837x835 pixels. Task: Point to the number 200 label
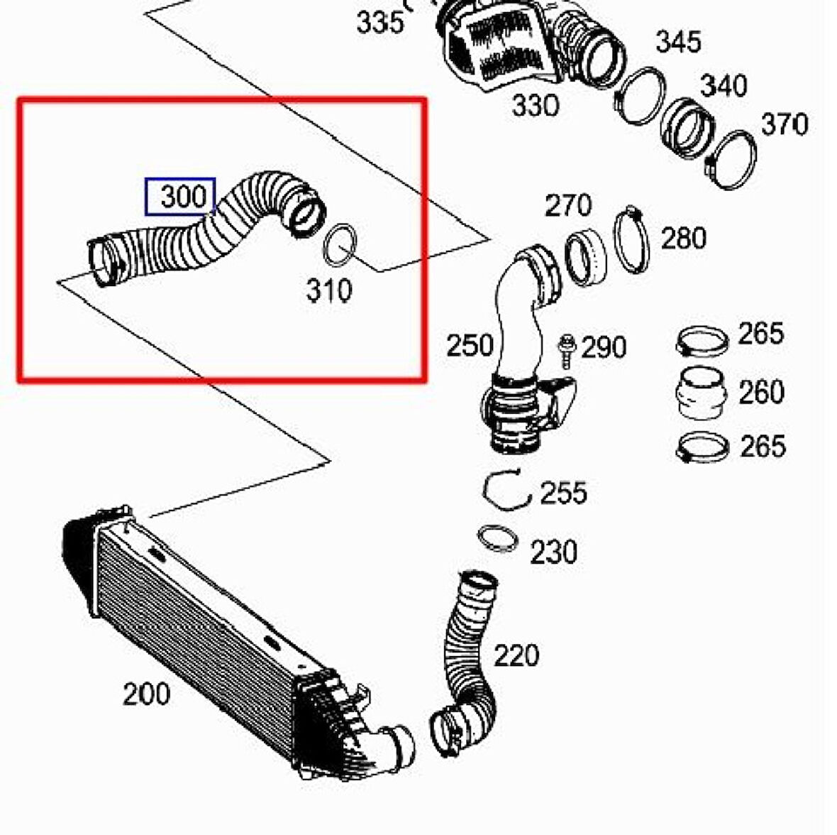click(x=146, y=694)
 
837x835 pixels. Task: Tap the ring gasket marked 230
click(x=499, y=537)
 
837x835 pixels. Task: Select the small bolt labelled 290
click(x=566, y=351)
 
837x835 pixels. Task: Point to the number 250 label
click(x=470, y=346)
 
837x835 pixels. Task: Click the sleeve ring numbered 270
click(x=586, y=256)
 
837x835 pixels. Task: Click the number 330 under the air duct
click(x=536, y=106)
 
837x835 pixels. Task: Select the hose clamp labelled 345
click(x=640, y=96)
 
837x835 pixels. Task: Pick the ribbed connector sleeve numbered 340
click(x=685, y=127)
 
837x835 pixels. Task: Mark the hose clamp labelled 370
click(x=733, y=159)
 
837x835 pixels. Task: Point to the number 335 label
click(x=380, y=23)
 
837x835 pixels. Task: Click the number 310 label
click(x=329, y=290)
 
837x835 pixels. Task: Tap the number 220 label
click(x=516, y=655)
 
